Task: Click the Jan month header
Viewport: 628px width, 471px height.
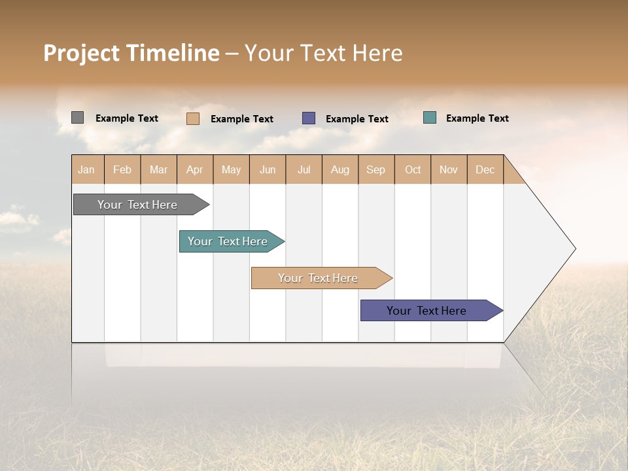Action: [x=87, y=169]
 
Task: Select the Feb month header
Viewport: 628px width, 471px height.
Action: [x=122, y=169]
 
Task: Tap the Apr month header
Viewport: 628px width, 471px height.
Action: [x=194, y=169]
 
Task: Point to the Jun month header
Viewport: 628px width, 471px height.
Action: [x=268, y=169]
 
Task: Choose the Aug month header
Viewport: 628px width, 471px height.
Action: [x=340, y=169]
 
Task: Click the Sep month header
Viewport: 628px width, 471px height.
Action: [x=375, y=169]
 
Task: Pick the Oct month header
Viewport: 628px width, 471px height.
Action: [x=413, y=169]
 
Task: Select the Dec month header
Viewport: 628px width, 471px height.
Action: [x=485, y=169]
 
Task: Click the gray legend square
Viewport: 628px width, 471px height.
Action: [x=77, y=118]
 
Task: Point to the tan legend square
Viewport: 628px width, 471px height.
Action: [x=193, y=118]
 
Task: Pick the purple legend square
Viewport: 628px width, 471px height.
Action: [x=309, y=118]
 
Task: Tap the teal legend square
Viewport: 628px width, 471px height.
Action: [x=430, y=118]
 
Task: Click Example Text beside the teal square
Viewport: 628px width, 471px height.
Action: [x=477, y=118]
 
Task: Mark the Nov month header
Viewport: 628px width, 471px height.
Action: [x=449, y=169]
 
